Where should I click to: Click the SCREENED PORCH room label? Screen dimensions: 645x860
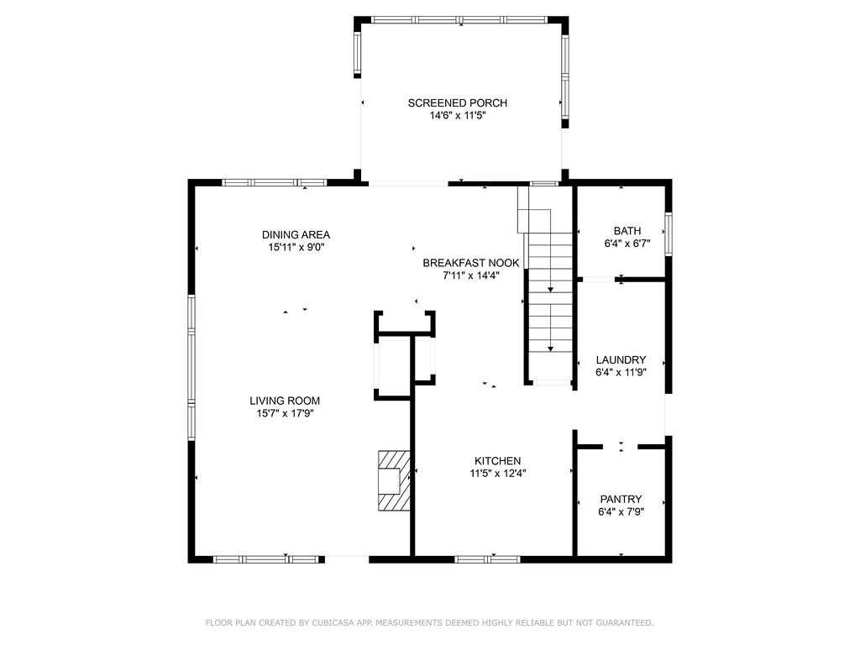click(x=457, y=103)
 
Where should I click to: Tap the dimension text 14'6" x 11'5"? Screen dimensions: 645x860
click(x=457, y=117)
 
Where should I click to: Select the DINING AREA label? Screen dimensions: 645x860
click(x=296, y=234)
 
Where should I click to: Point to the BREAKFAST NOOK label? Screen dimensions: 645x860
click(x=470, y=263)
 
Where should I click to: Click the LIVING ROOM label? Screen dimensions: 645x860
click(x=284, y=401)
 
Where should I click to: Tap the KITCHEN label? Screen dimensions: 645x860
click(x=498, y=461)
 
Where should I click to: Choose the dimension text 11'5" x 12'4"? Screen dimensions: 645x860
click(x=498, y=474)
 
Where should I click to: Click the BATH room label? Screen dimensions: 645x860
click(x=627, y=231)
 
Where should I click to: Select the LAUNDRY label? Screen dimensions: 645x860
click(x=621, y=359)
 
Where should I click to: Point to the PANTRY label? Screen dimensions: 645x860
click(x=621, y=499)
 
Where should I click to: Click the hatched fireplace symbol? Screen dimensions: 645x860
click(x=393, y=480)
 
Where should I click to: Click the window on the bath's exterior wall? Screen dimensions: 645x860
click(x=669, y=233)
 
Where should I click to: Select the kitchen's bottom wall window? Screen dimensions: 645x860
click(x=487, y=558)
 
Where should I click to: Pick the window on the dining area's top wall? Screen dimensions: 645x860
click(x=274, y=182)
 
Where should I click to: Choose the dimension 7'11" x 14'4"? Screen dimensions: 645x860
click(x=470, y=275)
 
